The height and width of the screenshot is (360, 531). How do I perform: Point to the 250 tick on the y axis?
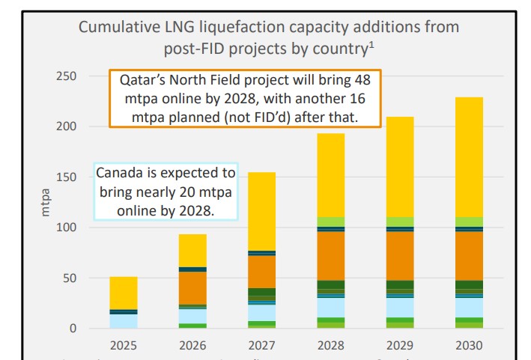[67, 76]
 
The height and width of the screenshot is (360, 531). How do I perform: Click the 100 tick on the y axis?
[67, 228]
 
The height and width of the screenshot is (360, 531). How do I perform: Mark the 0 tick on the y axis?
[73, 329]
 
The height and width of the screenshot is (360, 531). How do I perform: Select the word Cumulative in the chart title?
[120, 28]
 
